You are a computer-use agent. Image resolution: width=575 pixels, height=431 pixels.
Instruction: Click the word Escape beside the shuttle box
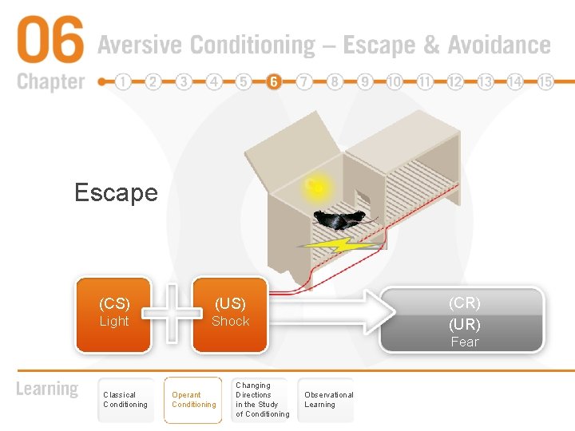[116, 192]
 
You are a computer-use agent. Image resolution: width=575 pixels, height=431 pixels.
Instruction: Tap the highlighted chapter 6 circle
[274, 81]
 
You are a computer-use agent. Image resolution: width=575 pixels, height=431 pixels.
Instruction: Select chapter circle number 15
[546, 81]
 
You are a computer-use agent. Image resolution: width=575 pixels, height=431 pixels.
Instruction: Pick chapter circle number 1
[123, 81]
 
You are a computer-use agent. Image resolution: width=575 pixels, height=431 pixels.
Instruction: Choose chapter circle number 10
[395, 81]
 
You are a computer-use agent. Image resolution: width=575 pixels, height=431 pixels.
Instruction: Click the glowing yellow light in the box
[315, 188]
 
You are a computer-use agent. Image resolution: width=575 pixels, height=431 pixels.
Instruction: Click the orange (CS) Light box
[113, 314]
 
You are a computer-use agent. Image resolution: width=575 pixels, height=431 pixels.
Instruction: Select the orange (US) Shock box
[230, 314]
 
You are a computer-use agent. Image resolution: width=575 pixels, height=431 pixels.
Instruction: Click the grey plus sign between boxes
[172, 314]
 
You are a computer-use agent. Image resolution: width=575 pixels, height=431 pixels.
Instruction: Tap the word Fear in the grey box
[465, 342]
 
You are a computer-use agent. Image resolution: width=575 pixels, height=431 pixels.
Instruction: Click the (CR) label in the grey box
[465, 303]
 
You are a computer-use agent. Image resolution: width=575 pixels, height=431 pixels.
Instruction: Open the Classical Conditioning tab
[125, 400]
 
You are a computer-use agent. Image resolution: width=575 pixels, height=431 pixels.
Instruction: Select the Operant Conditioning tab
[193, 400]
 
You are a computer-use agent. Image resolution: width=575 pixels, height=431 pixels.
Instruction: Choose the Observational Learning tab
[328, 400]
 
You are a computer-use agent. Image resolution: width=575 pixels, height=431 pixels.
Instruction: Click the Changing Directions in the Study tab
[262, 400]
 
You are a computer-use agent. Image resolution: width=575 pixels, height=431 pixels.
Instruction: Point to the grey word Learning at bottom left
[47, 389]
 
